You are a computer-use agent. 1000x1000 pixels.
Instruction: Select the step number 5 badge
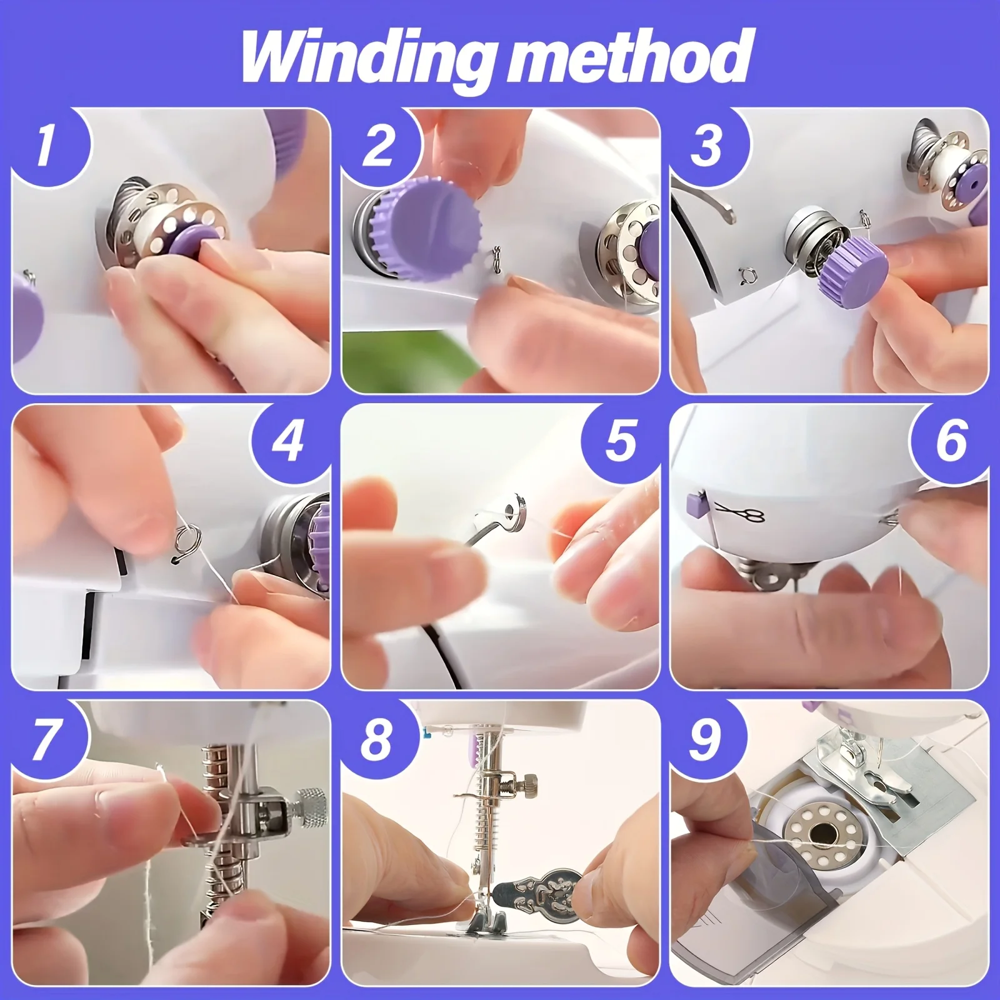pyautogui.click(x=620, y=439)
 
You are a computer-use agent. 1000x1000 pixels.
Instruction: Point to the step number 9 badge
pyautogui.click(x=704, y=737)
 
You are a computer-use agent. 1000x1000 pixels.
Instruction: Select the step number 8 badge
pyautogui.click(x=375, y=737)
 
